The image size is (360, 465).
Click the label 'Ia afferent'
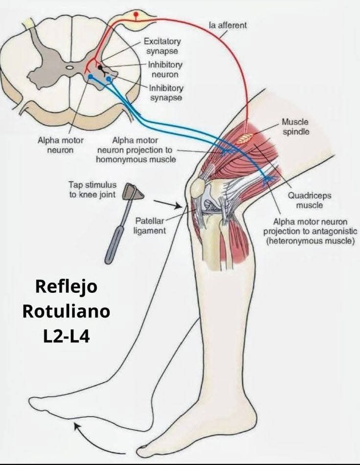(228, 25)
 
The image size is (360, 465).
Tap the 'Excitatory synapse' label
(162, 46)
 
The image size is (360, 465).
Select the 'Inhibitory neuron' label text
(165, 69)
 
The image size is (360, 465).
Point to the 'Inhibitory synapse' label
(166, 93)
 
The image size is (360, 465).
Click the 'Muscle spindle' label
(295, 127)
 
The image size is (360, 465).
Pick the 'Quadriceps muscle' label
(310, 200)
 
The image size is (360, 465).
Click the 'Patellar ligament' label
(150, 226)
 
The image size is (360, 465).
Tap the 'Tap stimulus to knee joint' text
(92, 190)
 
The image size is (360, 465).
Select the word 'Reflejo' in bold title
(66, 287)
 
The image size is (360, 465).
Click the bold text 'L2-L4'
(66, 336)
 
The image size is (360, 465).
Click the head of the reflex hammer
(133, 192)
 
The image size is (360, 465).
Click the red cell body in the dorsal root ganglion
(136, 14)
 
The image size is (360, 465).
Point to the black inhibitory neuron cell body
(100, 67)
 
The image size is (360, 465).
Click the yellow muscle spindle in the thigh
(245, 138)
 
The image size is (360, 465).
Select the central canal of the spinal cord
(69, 67)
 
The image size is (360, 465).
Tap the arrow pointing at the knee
(168, 204)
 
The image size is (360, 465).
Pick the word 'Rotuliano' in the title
(66, 311)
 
